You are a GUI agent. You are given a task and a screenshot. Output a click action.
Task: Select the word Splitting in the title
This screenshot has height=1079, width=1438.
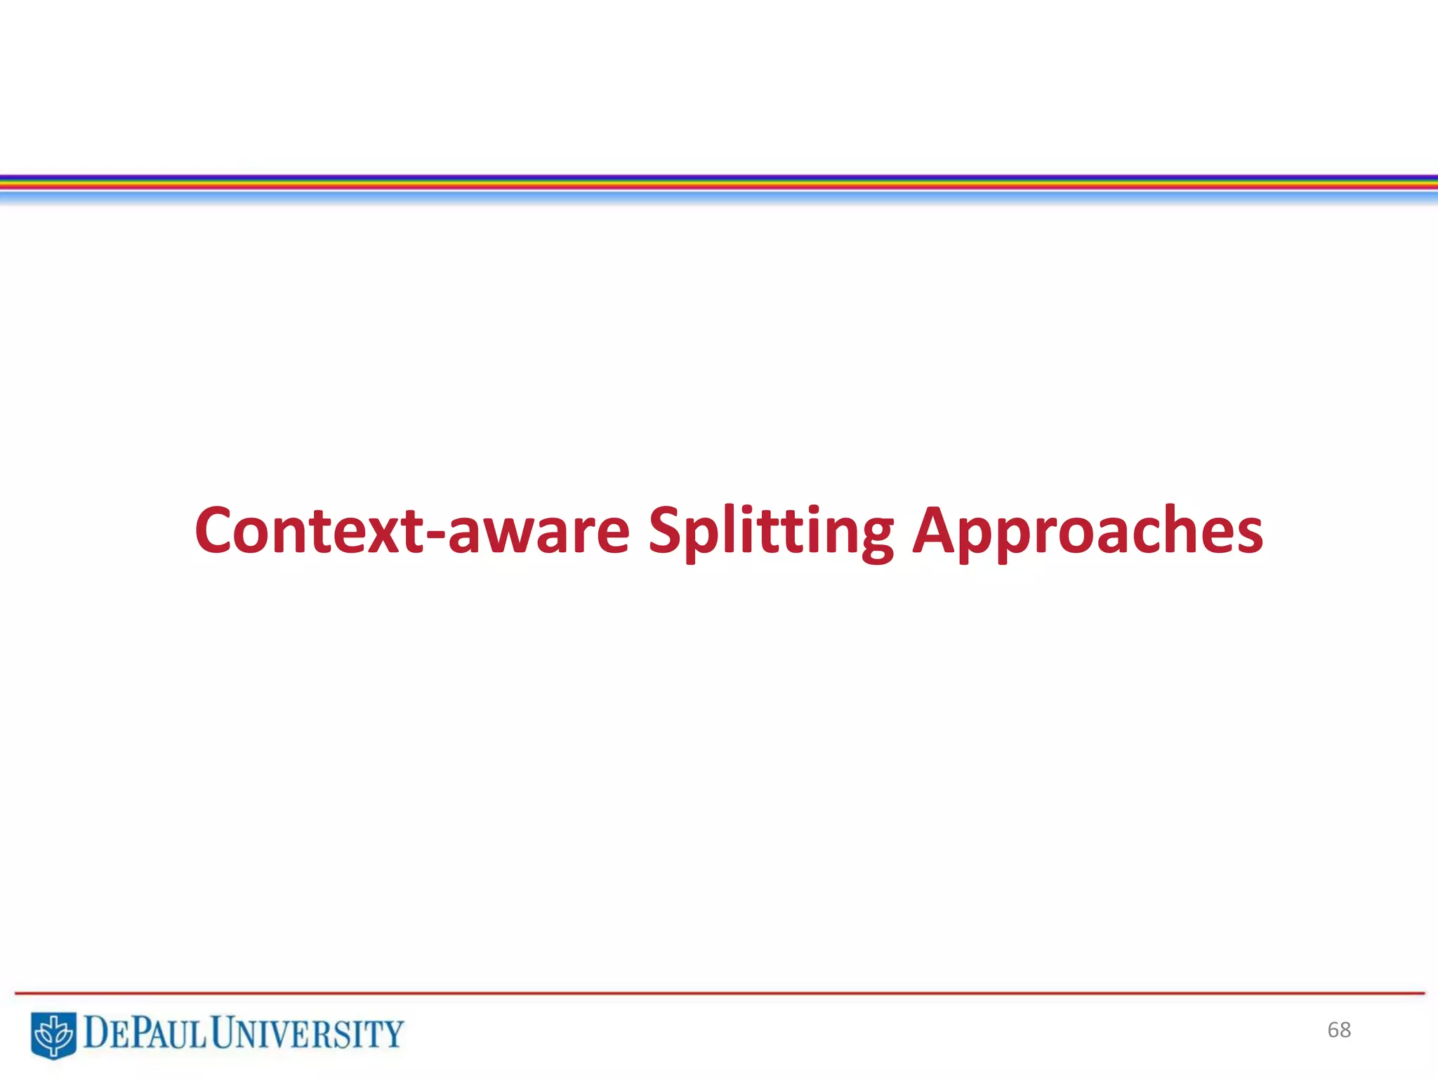[x=770, y=531]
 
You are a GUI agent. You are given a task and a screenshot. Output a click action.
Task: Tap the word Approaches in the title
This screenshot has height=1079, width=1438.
[x=1088, y=531]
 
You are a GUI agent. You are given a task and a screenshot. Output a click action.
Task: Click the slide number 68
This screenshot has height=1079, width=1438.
[x=1339, y=1030]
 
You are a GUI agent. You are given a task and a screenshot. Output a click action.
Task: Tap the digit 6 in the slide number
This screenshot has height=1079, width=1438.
[x=1333, y=1030]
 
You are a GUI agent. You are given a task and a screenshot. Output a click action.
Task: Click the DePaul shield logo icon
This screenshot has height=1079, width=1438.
[x=53, y=1035]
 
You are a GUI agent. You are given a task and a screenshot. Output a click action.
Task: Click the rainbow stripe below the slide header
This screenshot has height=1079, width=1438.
[x=719, y=183]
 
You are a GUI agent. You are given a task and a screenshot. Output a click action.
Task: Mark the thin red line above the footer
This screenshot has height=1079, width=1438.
[x=719, y=993]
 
